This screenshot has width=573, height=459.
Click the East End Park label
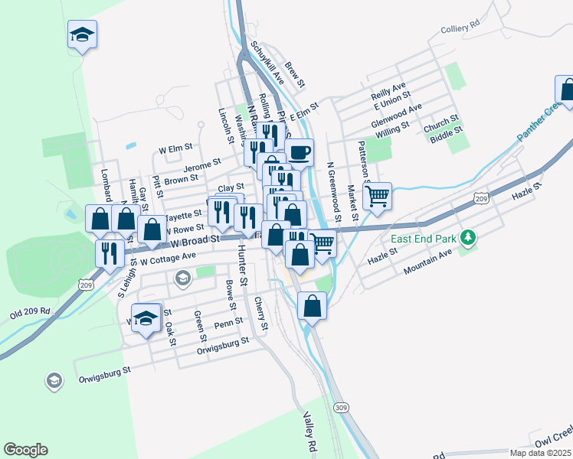[x=423, y=239]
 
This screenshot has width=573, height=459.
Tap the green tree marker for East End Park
[x=467, y=239]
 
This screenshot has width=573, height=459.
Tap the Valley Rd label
[x=309, y=431]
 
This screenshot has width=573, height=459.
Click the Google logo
[x=25, y=450]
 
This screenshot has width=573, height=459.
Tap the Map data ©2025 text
[x=539, y=453]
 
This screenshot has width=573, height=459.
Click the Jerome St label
[x=202, y=164]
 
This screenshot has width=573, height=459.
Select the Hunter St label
[x=243, y=266]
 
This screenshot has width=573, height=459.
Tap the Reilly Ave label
[x=388, y=92]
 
